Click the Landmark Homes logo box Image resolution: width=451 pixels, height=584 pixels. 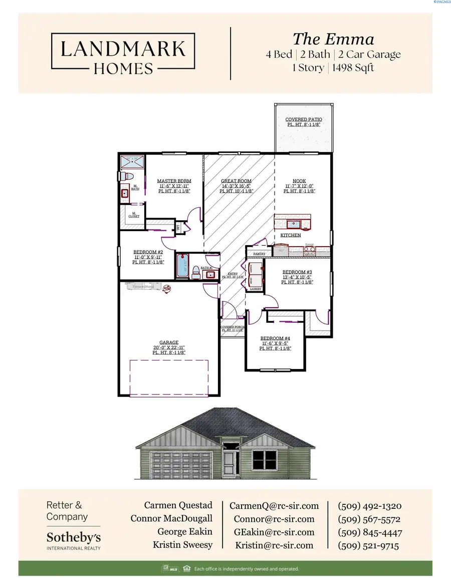(123, 54)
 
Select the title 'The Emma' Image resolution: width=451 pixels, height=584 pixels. (333, 39)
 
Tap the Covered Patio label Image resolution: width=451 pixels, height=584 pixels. (303, 120)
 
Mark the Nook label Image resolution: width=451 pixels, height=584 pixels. (299, 181)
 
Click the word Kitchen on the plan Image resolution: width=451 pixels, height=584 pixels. (290, 235)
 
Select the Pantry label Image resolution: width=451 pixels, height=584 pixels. (259, 254)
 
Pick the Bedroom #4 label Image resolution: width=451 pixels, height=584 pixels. (275, 338)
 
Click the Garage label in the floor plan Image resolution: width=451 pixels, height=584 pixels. (169, 343)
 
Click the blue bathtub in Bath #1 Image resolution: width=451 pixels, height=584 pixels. (182, 266)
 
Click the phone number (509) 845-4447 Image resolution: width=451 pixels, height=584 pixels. (370, 532)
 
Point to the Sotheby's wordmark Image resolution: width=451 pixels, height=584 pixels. (73, 537)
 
